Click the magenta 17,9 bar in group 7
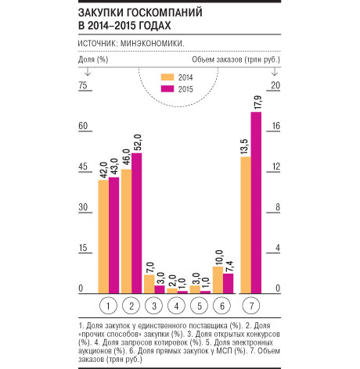point(256,202)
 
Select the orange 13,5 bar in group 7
point(246,225)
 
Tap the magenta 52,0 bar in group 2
point(137,224)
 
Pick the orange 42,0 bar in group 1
point(103,237)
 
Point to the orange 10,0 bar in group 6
point(218,280)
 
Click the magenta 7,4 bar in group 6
point(229,284)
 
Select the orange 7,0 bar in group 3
point(149,285)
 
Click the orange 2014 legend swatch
point(167,77)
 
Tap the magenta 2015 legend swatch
point(167,89)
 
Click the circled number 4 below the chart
point(176,306)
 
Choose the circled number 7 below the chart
point(251,306)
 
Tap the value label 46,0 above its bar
point(127,157)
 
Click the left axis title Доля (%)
point(93,59)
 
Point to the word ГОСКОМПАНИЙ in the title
point(165,13)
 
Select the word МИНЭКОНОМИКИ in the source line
point(153,43)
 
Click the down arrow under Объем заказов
point(275,72)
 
